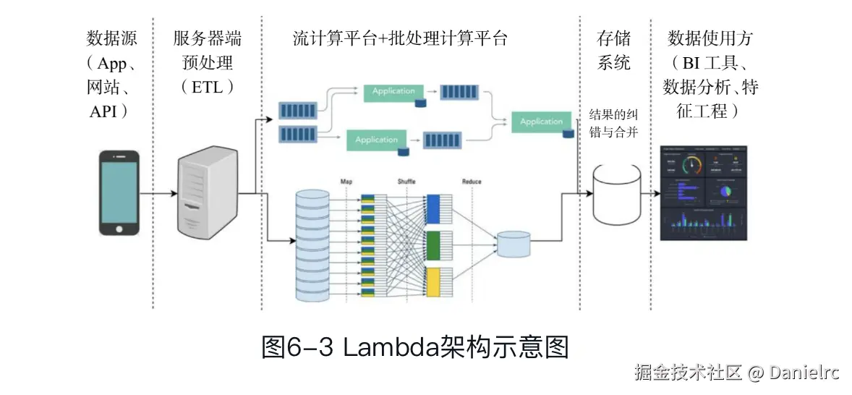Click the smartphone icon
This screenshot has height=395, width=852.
click(x=119, y=192)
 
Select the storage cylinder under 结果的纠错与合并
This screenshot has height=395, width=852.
click(x=617, y=194)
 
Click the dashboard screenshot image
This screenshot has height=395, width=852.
click(x=703, y=193)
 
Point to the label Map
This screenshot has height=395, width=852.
click(x=346, y=181)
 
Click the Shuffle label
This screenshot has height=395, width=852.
click(x=408, y=181)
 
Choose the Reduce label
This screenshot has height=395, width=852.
click(x=472, y=181)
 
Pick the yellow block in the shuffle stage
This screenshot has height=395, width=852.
click(x=433, y=281)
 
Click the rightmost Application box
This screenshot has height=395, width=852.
click(x=541, y=122)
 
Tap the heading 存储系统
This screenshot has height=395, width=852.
click(x=613, y=51)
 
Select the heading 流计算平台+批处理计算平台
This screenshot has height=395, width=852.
click(x=400, y=38)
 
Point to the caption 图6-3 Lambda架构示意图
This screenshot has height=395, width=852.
click(x=415, y=347)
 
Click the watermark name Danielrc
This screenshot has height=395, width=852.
click(x=804, y=373)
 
